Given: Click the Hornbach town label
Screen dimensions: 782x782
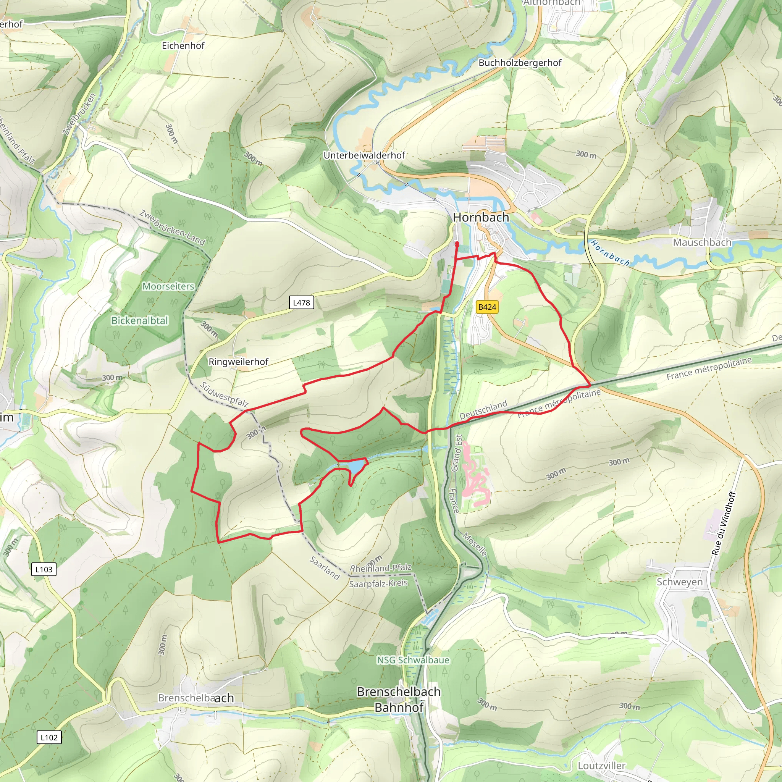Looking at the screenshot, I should point(481,217).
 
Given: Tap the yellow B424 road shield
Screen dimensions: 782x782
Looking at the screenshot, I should point(487,307).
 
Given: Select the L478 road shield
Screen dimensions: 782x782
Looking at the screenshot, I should point(302,302).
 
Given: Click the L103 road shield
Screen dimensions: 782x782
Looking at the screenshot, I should point(44,569).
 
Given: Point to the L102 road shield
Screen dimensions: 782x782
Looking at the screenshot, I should point(49,737).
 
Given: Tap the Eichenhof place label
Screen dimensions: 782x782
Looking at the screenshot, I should point(183,46).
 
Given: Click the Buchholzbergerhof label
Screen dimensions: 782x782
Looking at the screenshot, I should point(520,63).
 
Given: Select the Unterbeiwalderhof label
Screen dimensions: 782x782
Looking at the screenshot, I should point(364,155).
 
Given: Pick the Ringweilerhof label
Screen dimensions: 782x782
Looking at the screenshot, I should point(238,362).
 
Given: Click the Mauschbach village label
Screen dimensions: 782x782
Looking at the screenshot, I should point(702,242).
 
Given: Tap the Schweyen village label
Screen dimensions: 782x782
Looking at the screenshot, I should point(680,582).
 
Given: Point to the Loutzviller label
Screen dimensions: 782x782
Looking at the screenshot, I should point(601,766).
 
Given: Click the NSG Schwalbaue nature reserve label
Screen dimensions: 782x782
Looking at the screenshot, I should point(413,660).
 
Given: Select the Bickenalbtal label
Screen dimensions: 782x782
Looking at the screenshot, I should point(140,321).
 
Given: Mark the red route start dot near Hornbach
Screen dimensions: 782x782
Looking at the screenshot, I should point(457,244).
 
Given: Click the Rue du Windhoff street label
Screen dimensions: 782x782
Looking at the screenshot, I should point(723,523).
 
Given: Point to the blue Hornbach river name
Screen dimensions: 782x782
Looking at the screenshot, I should point(610,253).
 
